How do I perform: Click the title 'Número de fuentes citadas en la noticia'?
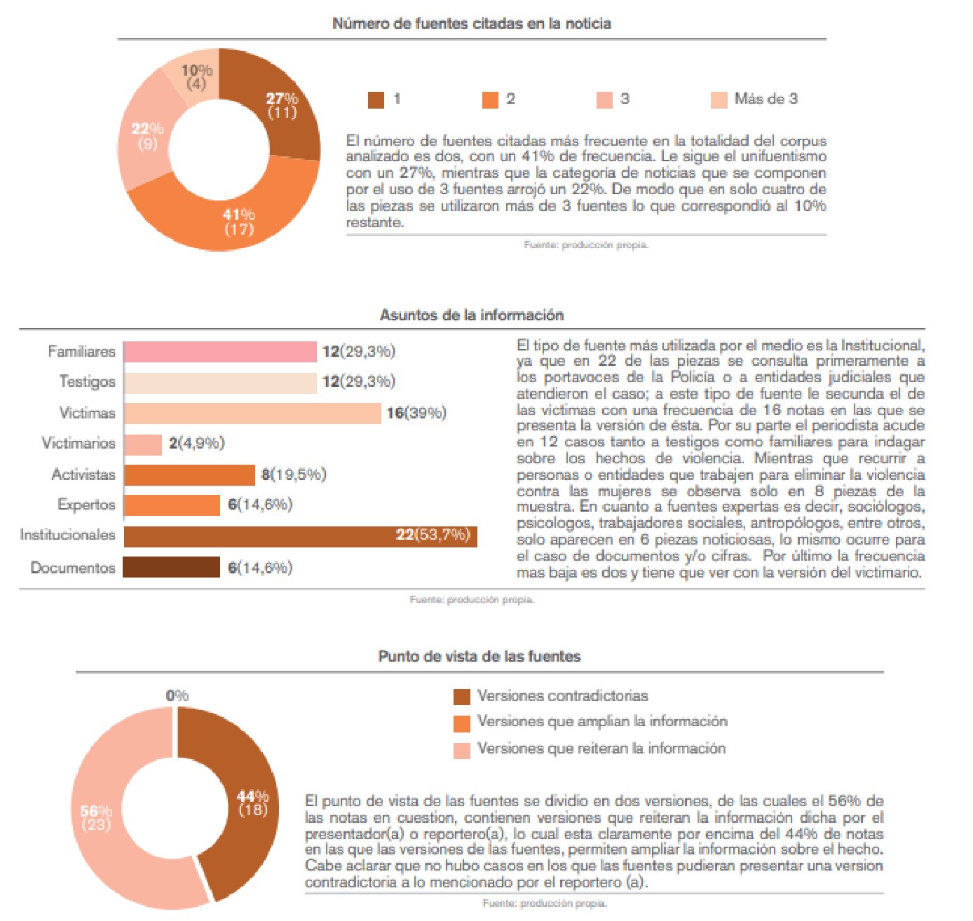471,23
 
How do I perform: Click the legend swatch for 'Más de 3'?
719,100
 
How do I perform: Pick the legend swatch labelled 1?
376,100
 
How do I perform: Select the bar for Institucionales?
300,536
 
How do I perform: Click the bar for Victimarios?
143,444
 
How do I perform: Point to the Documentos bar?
172,567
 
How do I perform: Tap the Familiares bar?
220,352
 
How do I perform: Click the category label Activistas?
83,475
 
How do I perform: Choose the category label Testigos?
87,382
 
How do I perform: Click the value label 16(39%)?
416,413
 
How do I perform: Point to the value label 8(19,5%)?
294,475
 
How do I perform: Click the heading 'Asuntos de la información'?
471,315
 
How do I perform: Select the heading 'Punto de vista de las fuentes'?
479,657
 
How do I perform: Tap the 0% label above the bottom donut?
177,695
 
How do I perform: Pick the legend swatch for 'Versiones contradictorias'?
462,697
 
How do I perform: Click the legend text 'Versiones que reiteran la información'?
601,749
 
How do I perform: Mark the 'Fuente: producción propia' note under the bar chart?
472,599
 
